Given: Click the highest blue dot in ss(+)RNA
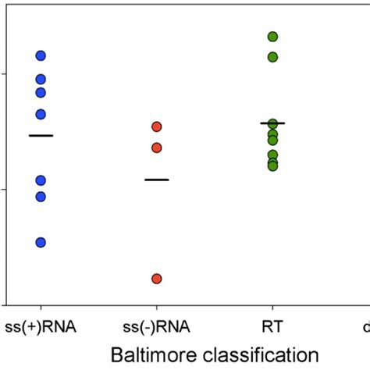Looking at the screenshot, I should (x=41, y=55).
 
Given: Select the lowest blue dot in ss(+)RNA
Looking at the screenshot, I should (x=41, y=242).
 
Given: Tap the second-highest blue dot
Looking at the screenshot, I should (x=41, y=79).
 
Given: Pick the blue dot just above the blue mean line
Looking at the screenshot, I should (x=41, y=114).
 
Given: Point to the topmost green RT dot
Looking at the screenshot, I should (x=272, y=37).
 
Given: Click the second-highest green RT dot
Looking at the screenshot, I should (x=272, y=57).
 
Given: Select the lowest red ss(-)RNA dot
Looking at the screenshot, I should (x=156, y=279).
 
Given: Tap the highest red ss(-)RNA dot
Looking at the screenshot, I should (x=156, y=126).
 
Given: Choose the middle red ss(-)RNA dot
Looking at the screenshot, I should (x=156, y=148).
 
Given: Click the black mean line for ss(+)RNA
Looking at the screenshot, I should (x=41, y=136).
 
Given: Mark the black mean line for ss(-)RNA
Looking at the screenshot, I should (x=156, y=180).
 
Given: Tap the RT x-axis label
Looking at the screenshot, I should (x=272, y=326).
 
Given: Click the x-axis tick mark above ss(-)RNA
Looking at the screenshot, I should (x=156, y=308).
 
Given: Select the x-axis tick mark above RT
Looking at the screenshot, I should (x=272, y=308).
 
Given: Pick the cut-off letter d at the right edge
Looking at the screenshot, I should (x=365, y=326).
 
